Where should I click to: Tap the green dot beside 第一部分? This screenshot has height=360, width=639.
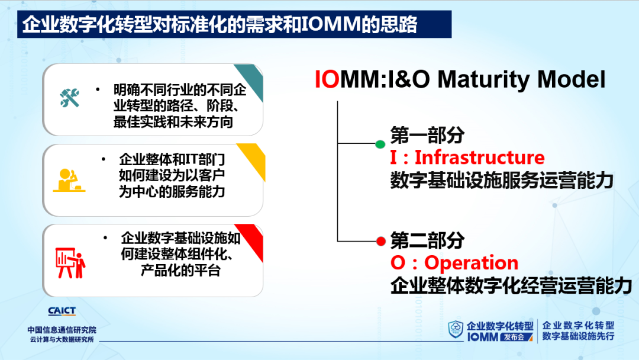[x=380, y=144]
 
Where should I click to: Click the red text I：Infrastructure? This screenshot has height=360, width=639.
[x=467, y=157]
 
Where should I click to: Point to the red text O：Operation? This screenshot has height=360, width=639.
[x=454, y=262]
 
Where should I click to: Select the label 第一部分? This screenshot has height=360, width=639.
[x=427, y=135]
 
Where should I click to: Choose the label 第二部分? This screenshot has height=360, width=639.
[x=427, y=240]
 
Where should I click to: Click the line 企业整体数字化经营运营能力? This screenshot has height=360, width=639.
[x=511, y=285]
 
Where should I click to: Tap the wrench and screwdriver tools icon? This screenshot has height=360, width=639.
[x=69, y=98]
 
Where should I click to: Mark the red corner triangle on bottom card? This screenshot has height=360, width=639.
[x=253, y=239]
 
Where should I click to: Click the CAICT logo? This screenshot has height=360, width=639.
[x=62, y=311]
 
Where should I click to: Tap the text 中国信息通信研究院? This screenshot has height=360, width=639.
[x=62, y=330]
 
